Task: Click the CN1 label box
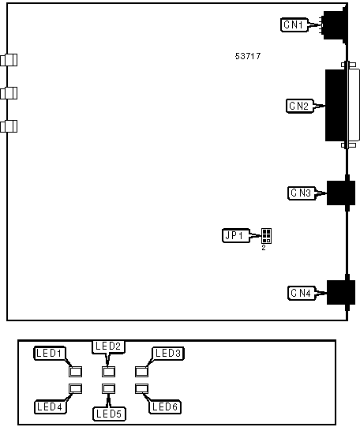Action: click(294, 24)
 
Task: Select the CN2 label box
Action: click(299, 106)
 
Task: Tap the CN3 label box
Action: click(302, 193)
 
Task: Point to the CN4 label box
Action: click(302, 293)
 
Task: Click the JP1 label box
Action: click(236, 235)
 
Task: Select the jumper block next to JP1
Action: click(266, 236)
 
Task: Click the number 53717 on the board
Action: click(248, 56)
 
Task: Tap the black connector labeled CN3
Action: click(341, 193)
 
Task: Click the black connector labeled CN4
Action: click(341, 293)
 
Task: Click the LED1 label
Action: click(50, 353)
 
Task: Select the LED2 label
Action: click(108, 346)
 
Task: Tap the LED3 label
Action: click(168, 353)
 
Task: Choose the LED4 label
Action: click(50, 407)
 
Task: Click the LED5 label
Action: click(109, 414)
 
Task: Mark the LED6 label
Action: click(165, 407)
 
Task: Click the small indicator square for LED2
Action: click(108, 372)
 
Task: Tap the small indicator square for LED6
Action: click(141, 388)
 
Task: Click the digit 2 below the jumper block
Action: click(264, 248)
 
